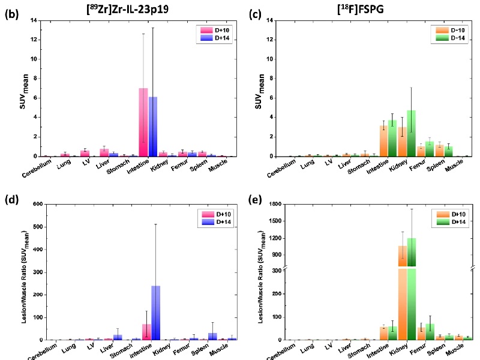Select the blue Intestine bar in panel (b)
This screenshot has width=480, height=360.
coord(153,127)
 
